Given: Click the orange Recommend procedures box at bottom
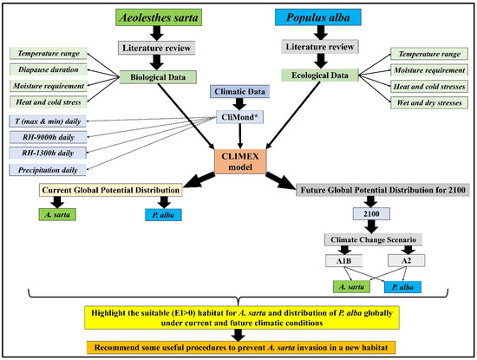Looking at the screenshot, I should [x=238, y=346].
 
